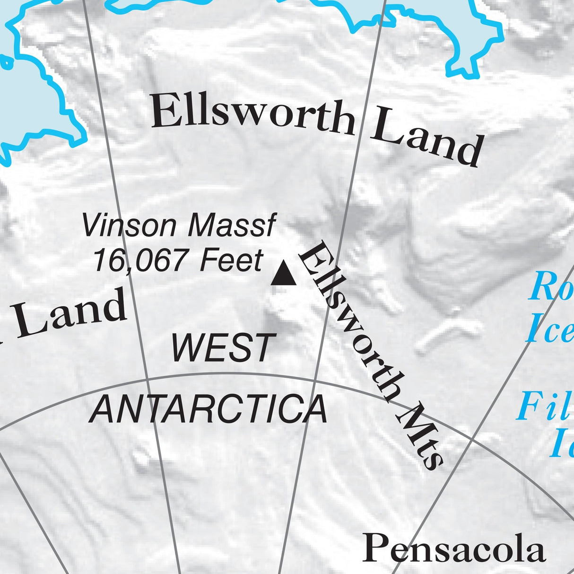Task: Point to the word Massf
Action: coord(231,226)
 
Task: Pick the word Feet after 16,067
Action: coord(231,260)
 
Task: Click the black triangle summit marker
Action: coord(284,274)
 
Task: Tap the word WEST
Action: coord(222,348)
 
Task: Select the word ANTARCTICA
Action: coord(209,409)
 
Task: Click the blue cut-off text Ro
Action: coord(551,287)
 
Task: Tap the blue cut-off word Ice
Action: coord(550,330)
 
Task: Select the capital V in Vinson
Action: coord(93,226)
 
